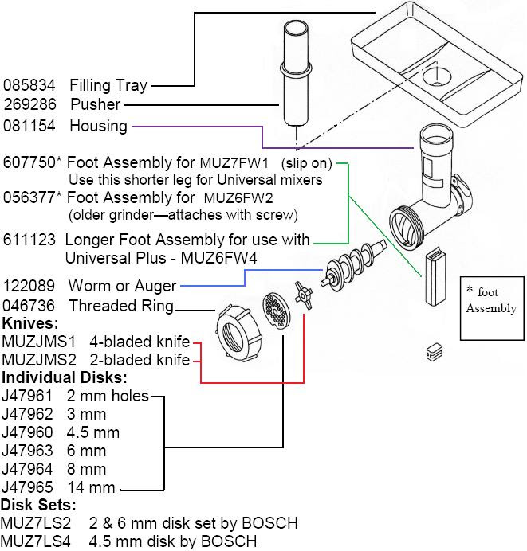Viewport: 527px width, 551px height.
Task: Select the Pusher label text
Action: point(95,104)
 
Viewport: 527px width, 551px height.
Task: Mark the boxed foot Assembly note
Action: point(492,300)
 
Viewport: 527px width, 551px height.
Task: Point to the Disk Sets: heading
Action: point(38,505)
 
